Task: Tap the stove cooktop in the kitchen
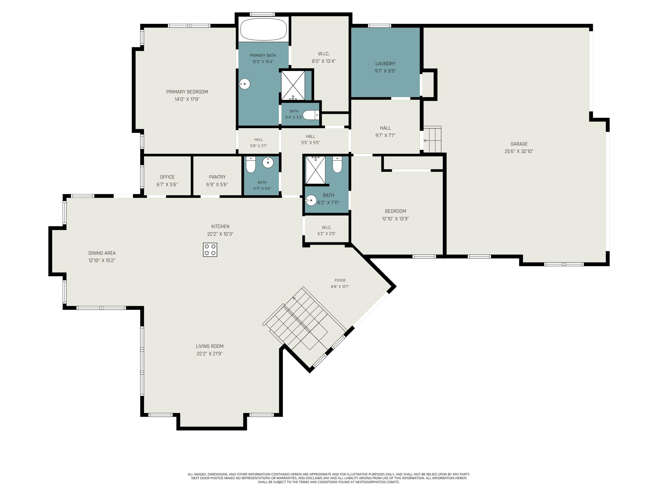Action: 210,250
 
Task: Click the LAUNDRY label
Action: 385,64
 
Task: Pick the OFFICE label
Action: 167,177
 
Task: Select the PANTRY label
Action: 217,177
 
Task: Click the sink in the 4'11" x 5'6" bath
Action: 268,162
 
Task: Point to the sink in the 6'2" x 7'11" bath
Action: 311,200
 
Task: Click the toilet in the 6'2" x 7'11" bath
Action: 337,164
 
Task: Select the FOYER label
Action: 340,280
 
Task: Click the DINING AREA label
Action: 102,253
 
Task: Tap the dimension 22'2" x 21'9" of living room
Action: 209,354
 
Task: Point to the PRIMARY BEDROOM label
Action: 187,92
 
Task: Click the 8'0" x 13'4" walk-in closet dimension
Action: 324,61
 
